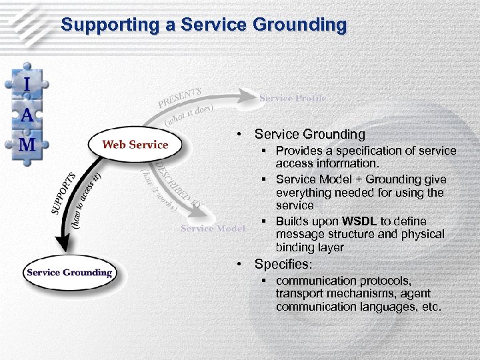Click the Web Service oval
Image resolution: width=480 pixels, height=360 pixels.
(x=135, y=145)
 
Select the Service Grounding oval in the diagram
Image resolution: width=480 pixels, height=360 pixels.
(x=69, y=272)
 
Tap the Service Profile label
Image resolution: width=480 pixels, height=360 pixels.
(x=293, y=98)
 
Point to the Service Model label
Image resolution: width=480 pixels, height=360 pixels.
(x=213, y=228)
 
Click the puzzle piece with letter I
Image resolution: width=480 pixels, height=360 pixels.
(x=27, y=85)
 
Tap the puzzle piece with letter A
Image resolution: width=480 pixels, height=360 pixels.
(x=27, y=114)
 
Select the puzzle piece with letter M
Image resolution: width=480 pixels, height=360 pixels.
(x=27, y=143)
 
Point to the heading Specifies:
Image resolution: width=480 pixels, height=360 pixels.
(x=283, y=264)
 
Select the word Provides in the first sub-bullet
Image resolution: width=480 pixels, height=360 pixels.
(x=297, y=151)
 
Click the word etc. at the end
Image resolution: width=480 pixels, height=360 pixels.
(x=430, y=307)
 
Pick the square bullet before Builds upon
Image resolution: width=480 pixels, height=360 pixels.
(x=265, y=221)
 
